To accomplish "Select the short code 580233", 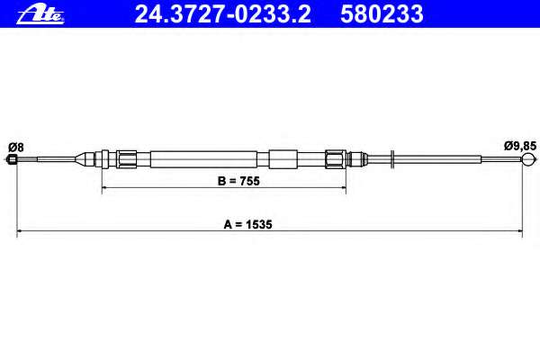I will (381, 13).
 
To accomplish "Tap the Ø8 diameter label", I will (14, 146).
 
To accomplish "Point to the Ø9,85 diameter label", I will (520, 146).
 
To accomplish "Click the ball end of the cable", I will (527, 161).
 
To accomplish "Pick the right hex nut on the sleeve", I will (335, 159).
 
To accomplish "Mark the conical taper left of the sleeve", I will (87, 159).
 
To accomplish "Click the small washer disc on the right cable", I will (392, 159).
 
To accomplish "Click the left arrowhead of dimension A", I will (21, 232).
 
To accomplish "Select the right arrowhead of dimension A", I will (520, 232).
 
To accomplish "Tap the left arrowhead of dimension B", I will (104, 189).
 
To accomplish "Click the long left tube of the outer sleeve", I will (202, 159).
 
